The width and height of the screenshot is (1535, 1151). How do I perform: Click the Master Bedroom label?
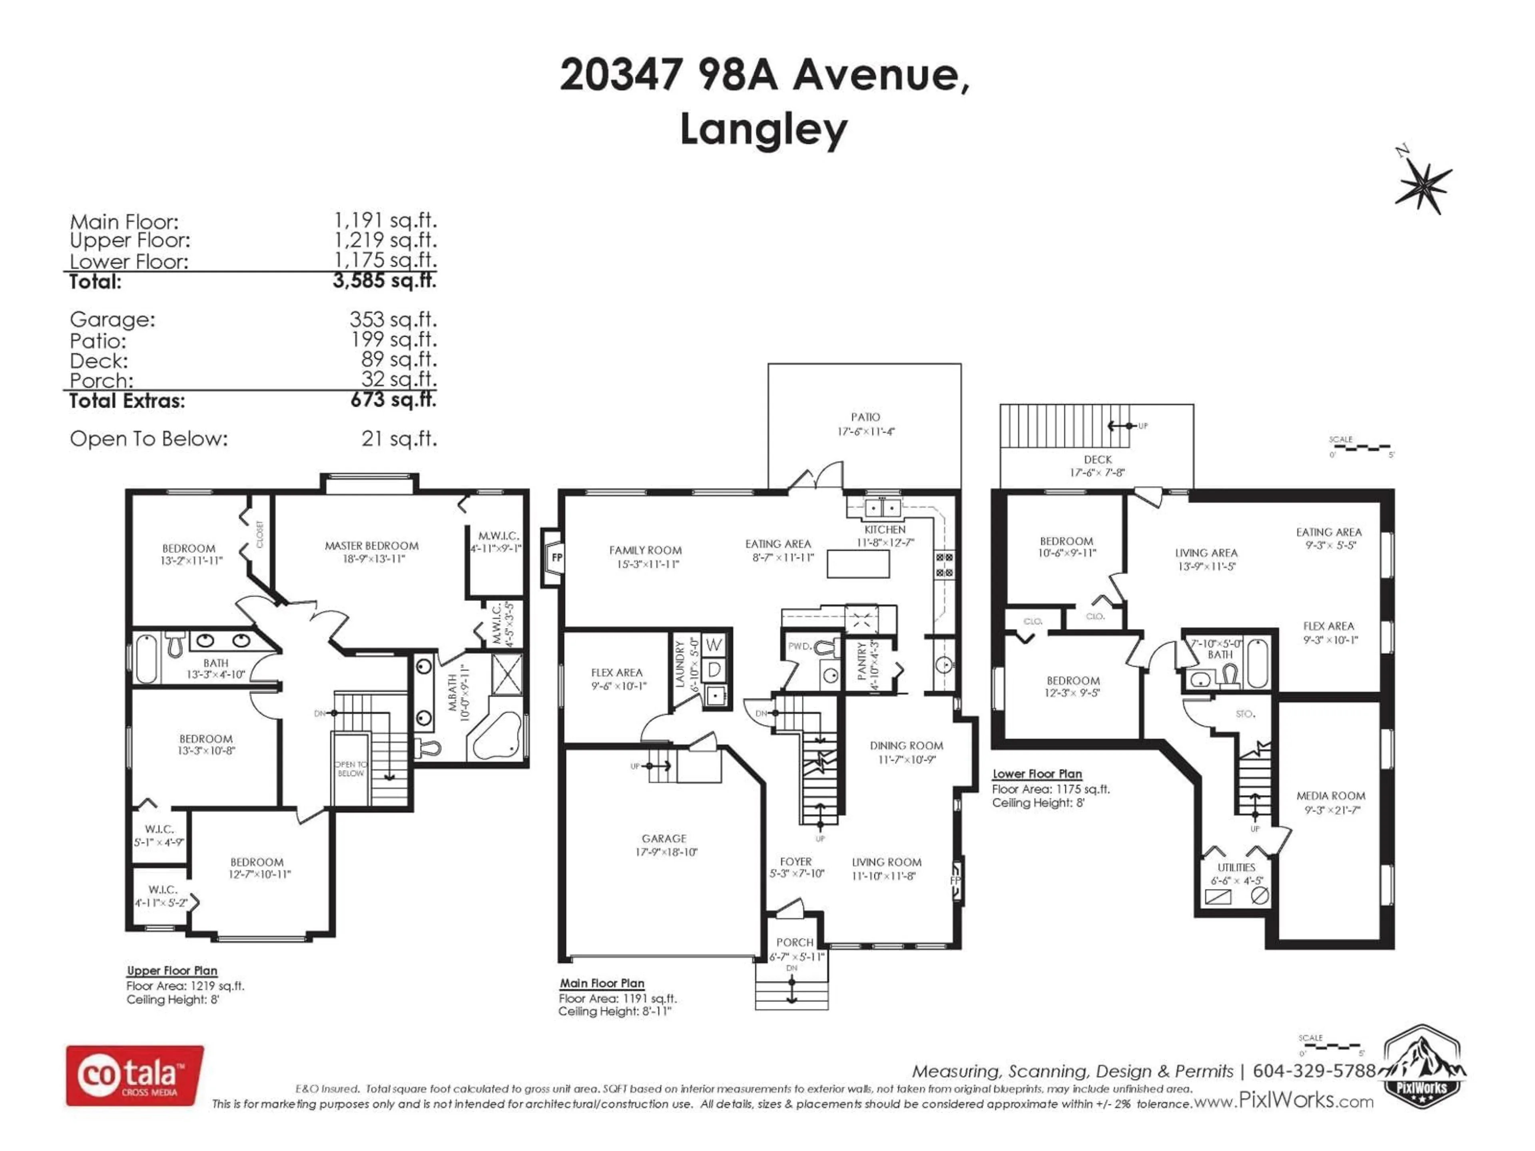[371, 546]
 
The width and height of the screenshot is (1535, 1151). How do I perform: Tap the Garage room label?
[664, 839]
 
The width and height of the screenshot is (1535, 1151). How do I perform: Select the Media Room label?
[1330, 796]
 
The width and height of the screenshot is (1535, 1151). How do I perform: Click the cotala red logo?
[135, 1075]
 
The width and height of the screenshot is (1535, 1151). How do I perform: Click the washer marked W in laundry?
[714, 645]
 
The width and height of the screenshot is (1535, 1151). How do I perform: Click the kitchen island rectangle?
[858, 564]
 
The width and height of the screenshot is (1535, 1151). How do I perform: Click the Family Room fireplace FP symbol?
[556, 557]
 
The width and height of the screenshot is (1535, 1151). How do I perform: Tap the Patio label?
[865, 417]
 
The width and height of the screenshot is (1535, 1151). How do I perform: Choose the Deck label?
[1097, 459]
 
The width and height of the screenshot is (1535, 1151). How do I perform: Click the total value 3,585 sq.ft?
[385, 281]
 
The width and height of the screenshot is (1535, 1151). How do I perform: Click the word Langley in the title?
[764, 129]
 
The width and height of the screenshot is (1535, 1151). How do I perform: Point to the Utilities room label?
[1236, 867]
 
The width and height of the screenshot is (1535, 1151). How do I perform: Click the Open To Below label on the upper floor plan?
[351, 769]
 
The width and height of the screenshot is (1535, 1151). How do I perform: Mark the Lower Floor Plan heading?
[1037, 774]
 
